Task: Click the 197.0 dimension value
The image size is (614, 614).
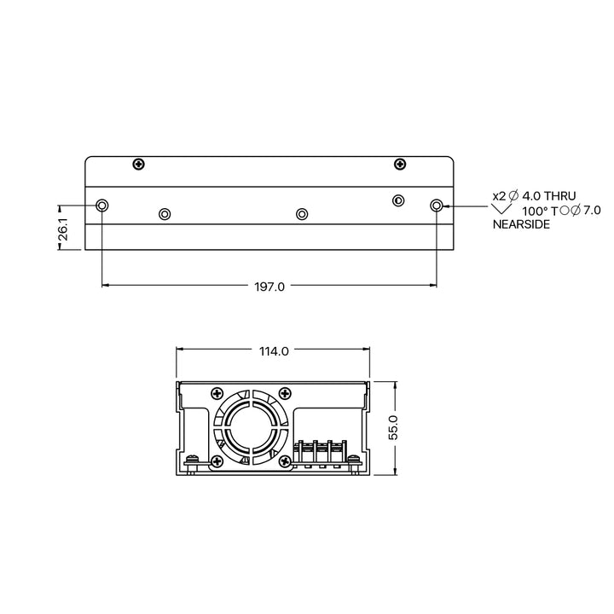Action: pos(269,287)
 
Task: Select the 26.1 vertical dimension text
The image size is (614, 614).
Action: pos(63,229)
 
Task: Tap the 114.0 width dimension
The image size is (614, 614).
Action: pos(274,351)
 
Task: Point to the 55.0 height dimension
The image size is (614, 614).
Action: pos(393,427)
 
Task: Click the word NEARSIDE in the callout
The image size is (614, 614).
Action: pos(521,224)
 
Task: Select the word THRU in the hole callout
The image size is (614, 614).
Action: pos(560,196)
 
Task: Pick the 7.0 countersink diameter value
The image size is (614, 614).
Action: pos(592,211)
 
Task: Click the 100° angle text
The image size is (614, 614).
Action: pos(535,211)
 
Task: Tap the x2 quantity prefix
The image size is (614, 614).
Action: pos(499,196)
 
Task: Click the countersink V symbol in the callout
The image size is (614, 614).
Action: pos(501,209)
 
